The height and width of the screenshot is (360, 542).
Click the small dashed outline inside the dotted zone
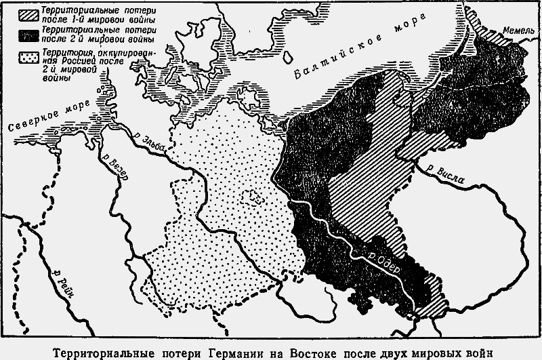click(256, 197)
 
